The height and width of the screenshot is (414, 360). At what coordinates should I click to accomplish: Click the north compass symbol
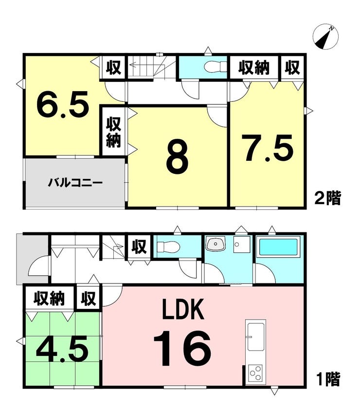pos(325,37)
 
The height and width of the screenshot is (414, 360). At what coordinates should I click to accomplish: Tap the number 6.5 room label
pos(62,104)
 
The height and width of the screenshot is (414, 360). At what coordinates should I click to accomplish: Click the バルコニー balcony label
pos(75,183)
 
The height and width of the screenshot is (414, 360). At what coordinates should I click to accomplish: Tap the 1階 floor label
pos(328,379)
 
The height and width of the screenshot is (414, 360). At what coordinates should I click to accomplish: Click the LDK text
pos(183,309)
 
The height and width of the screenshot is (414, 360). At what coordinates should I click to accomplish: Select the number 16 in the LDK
pos(182,349)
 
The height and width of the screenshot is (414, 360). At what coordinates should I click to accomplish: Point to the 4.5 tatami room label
pos(62,349)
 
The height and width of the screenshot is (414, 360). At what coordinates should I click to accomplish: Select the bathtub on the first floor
pos(280,246)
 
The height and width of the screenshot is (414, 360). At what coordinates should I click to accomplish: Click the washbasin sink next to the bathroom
pos(216,244)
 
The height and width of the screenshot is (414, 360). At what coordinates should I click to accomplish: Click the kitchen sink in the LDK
pos(255,337)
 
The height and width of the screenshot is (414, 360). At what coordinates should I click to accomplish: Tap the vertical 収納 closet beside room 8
pos(113,132)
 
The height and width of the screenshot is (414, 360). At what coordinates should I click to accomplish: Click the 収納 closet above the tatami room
pos(49,299)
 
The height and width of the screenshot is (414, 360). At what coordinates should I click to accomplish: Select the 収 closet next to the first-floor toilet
pos(139,247)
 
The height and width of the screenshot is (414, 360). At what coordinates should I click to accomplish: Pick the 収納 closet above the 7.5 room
pos(254,68)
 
